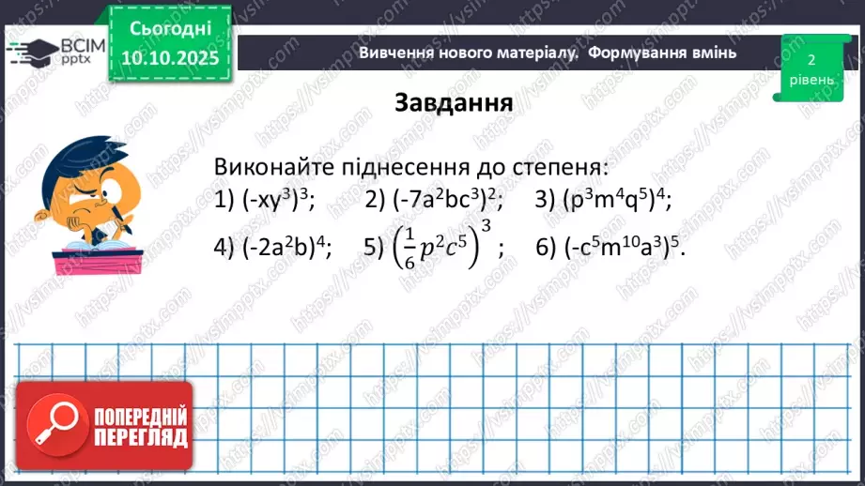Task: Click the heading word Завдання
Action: tap(454, 102)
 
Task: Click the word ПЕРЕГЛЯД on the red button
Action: tap(141, 437)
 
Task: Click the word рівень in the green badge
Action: tap(810, 80)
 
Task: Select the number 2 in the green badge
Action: tap(811, 58)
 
